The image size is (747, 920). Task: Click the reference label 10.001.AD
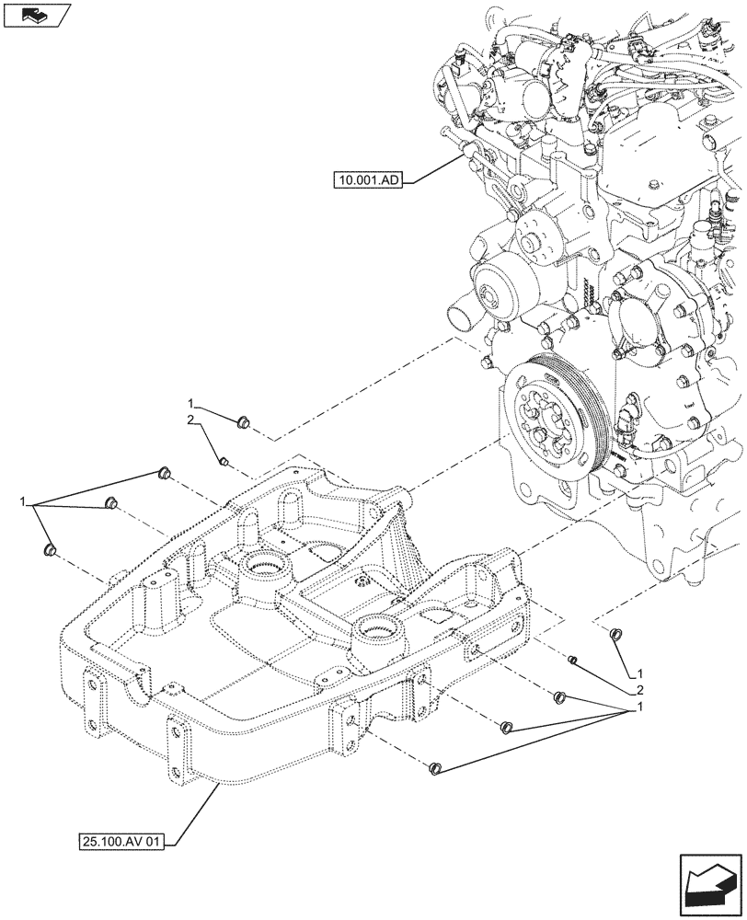pyautogui.click(x=367, y=180)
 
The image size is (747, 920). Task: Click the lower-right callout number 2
pyautogui.click(x=635, y=690)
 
